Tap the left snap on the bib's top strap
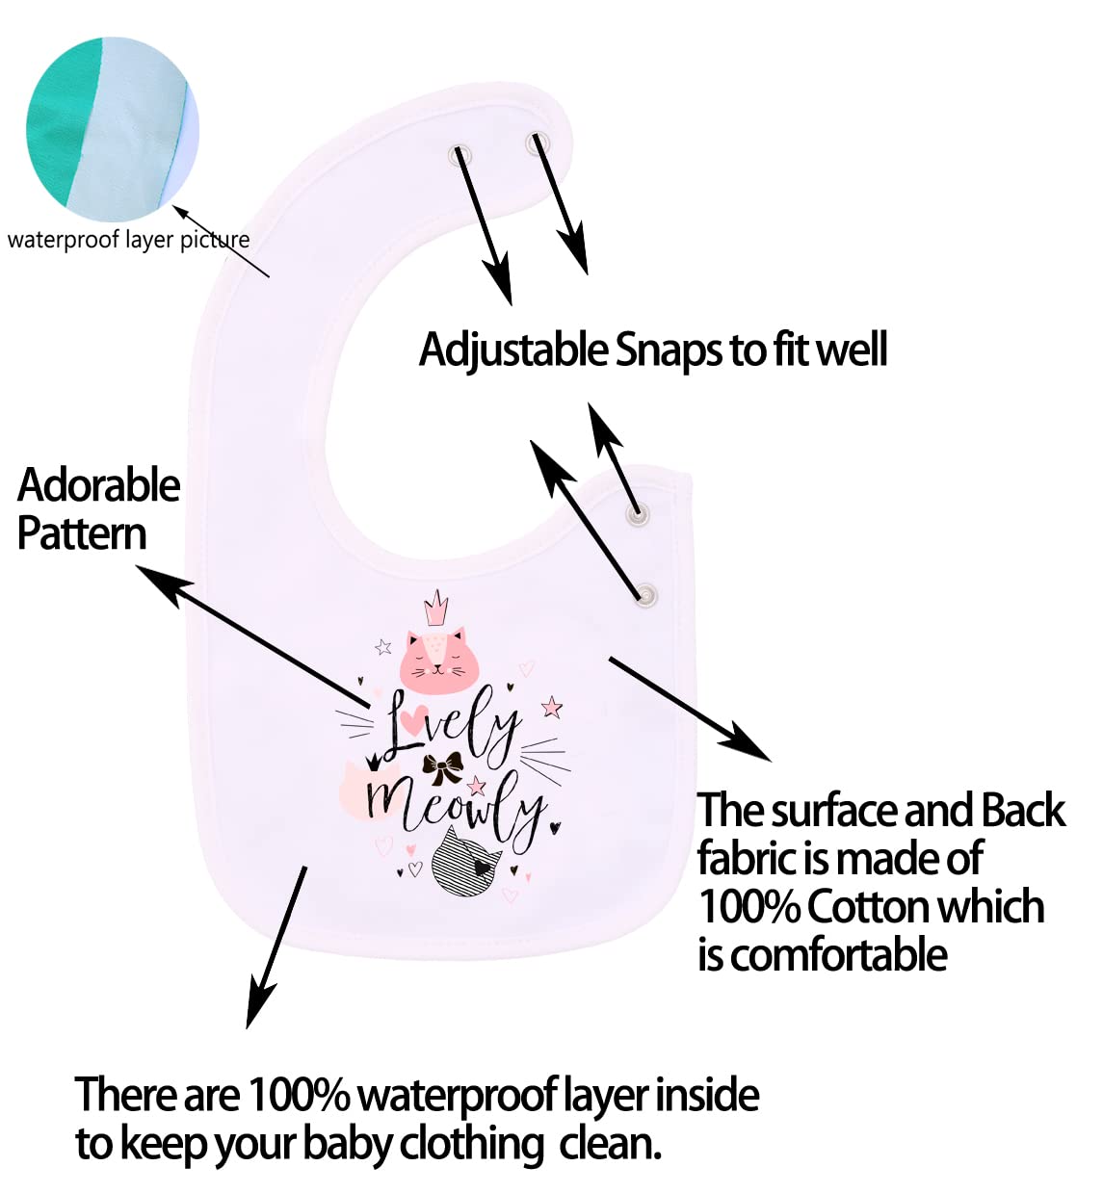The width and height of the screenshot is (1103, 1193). [x=460, y=153]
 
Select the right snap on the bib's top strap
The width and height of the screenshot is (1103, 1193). [x=536, y=144]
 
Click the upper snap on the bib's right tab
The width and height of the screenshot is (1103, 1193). [x=637, y=514]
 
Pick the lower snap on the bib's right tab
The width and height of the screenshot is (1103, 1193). [x=646, y=596]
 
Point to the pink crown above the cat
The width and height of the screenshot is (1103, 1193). [x=436, y=609]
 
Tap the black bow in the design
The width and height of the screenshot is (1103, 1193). [x=442, y=767]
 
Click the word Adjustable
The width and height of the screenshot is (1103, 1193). [x=512, y=350]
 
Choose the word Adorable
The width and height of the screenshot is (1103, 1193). [x=98, y=485]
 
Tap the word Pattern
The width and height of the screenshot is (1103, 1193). [x=82, y=534]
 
